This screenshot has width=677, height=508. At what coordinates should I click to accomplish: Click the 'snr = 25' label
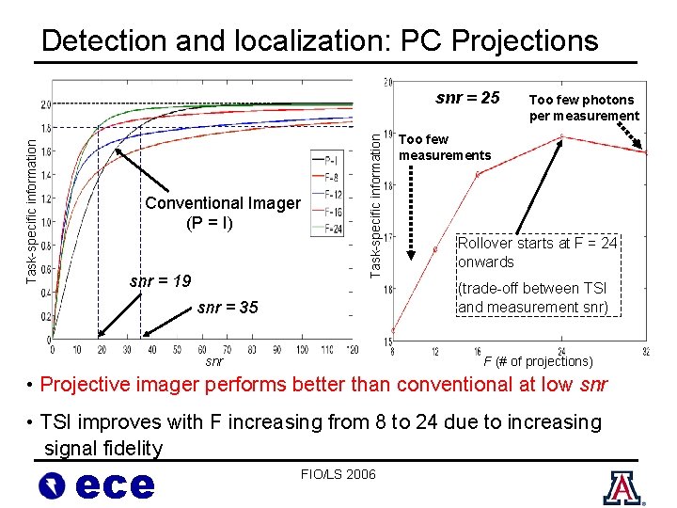(467, 98)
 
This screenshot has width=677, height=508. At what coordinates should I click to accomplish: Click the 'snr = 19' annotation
(160, 280)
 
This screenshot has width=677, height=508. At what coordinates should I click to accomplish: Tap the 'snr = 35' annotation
(228, 308)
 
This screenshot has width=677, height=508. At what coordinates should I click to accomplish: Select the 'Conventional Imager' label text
(223, 203)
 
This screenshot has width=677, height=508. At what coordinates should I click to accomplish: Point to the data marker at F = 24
(562, 137)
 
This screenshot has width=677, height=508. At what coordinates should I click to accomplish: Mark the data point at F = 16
(477, 174)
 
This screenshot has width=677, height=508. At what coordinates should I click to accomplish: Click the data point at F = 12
(434, 249)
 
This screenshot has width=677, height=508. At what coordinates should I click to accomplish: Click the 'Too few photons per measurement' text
(583, 107)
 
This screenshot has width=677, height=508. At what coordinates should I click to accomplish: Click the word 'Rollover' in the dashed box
(485, 244)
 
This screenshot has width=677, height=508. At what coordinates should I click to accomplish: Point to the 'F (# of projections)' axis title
(538, 361)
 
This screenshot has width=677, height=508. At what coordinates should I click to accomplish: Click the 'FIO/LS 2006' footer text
(338, 473)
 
